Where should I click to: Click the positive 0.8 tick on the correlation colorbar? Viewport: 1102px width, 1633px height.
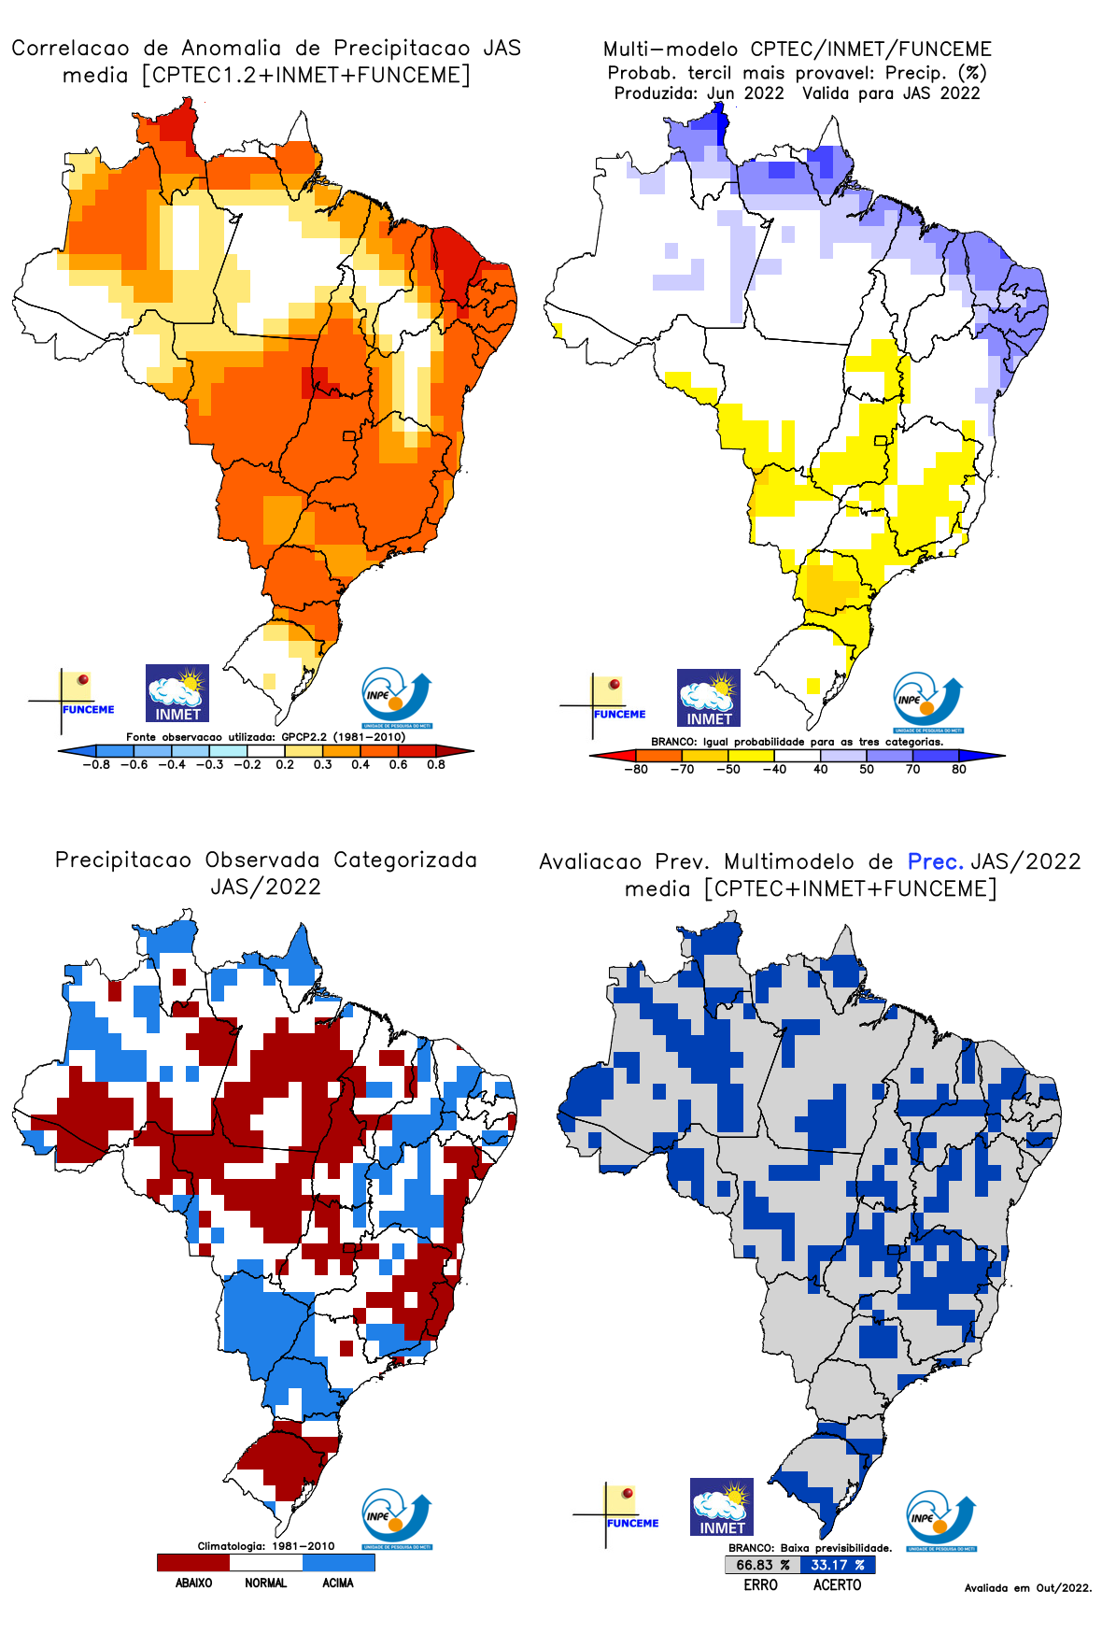pyautogui.click(x=435, y=764)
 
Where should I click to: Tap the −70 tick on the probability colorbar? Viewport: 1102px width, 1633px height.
pyautogui.click(x=682, y=769)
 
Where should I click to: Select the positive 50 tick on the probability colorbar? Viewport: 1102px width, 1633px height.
pyautogui.click(x=867, y=769)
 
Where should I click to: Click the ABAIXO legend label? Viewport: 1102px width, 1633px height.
pyautogui.click(x=193, y=1583)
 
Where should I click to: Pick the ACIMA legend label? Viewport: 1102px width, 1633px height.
pyautogui.click(x=338, y=1583)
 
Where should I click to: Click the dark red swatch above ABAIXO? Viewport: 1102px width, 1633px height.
pyautogui.click(x=193, y=1562)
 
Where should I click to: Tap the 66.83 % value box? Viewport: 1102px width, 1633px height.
pyautogui.click(x=762, y=1565)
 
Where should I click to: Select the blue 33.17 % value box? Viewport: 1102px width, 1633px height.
pyautogui.click(x=838, y=1565)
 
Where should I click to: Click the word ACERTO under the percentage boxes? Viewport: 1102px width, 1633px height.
pyautogui.click(x=837, y=1584)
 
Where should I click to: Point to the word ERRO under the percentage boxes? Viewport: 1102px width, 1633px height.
pyautogui.click(x=760, y=1584)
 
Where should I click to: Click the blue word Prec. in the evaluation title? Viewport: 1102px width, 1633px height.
pyautogui.click(x=935, y=861)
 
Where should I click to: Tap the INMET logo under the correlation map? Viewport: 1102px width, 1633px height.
pyautogui.click(x=177, y=693)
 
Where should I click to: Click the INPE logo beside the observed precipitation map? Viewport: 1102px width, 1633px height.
pyautogui.click(x=397, y=1518)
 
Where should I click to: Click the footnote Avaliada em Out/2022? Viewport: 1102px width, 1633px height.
pyautogui.click(x=1027, y=1587)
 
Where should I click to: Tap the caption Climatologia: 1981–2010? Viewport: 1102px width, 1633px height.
pyautogui.click(x=266, y=1545)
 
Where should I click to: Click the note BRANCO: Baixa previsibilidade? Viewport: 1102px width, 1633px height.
pyautogui.click(x=810, y=1548)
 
